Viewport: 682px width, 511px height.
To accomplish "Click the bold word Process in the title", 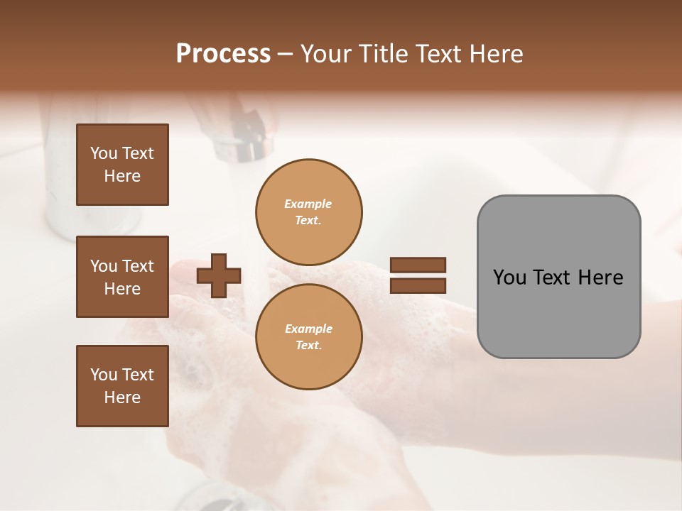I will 223,54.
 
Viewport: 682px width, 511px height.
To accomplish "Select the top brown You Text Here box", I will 122,165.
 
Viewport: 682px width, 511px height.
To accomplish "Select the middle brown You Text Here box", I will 122,277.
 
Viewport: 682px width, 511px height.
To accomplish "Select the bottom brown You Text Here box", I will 122,386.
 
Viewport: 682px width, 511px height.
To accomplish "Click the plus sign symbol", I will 219,275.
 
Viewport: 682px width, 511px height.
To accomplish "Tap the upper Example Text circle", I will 308,212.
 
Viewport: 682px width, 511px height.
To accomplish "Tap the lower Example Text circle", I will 308,337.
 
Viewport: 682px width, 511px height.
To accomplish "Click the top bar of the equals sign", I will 418,265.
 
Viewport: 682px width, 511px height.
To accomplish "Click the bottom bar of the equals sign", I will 418,285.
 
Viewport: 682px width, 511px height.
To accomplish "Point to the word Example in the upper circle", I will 308,204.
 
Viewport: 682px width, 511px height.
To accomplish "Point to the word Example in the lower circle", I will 308,329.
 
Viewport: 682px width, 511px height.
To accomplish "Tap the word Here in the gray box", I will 600,278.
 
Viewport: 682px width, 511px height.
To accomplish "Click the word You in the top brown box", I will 102,153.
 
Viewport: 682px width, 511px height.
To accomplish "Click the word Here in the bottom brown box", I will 122,397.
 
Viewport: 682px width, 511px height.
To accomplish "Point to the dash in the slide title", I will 285,54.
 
